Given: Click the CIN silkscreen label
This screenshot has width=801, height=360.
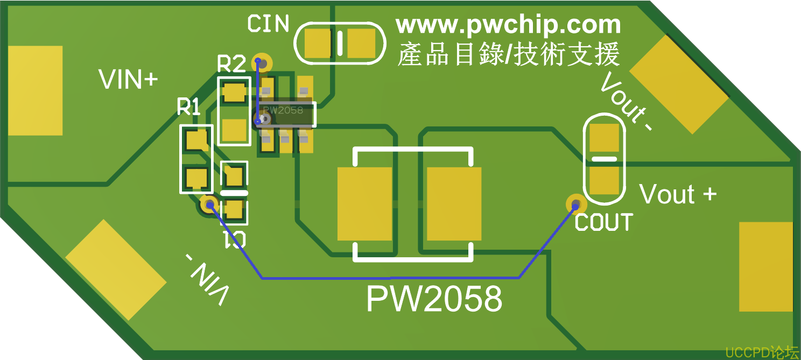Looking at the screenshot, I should tap(268, 24).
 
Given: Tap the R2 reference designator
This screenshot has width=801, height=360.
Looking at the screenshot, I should tap(231, 64).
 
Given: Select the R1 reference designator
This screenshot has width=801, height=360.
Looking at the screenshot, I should tap(188, 107).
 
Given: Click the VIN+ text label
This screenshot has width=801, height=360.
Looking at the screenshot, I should tap(128, 80).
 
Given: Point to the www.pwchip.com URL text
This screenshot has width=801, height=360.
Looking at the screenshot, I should tap(508, 25).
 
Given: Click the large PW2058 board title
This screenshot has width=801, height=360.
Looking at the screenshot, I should tap(434, 299).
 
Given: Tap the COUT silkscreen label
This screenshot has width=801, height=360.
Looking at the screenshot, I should tap(603, 222).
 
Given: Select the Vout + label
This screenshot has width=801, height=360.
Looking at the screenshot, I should tap(678, 194).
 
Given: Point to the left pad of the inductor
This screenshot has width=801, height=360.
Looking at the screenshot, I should tap(364, 203).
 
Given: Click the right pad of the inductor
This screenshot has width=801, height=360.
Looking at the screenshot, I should tap(454, 203).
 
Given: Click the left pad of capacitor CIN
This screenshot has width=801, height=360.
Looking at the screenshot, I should tap(318, 43).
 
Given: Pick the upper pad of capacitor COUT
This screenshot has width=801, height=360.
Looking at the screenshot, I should tap(604, 138).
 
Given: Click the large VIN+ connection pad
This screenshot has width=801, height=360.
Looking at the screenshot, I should tap(36, 90).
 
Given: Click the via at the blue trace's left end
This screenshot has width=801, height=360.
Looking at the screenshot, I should tap(208, 204).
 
